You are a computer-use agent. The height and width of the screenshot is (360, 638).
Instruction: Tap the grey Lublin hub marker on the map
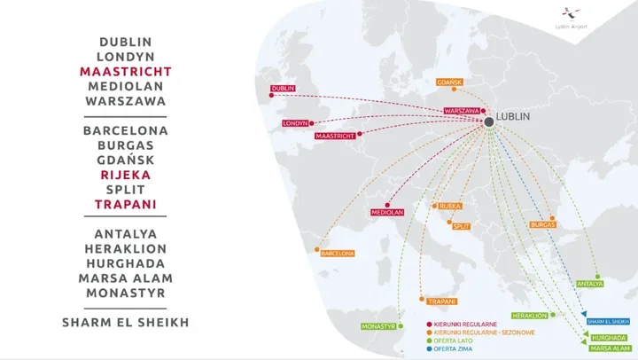[x=488, y=121]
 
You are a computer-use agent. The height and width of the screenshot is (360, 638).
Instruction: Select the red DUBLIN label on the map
[x=284, y=89]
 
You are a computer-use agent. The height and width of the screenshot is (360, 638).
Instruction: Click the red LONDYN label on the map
[x=295, y=123]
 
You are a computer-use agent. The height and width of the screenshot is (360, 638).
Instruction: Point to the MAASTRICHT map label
[x=335, y=137]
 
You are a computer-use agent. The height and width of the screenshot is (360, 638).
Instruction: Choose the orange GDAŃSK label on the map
[x=449, y=83]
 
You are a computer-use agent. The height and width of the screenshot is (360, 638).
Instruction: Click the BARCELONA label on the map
[x=338, y=254]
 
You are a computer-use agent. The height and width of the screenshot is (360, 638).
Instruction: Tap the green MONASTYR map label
[x=377, y=326]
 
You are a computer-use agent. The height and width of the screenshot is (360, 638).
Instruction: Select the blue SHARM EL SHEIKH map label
[x=608, y=321]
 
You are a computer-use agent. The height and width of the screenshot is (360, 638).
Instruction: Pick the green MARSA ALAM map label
[x=609, y=348]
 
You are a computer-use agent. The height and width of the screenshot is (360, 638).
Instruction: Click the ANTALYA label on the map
[x=590, y=284]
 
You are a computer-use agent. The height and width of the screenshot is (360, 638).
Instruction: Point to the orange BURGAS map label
[x=543, y=225]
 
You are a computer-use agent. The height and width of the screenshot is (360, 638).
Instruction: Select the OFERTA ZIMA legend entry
[x=451, y=349]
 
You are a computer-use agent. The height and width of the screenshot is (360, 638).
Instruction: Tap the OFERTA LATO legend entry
[x=451, y=341]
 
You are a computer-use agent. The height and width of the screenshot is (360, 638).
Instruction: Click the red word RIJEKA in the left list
[x=126, y=175]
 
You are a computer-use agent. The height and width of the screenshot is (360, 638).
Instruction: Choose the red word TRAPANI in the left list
[x=126, y=205]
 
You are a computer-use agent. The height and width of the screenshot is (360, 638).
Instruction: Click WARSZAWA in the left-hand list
[x=126, y=101]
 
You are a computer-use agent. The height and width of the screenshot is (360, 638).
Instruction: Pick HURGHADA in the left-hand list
[x=126, y=263]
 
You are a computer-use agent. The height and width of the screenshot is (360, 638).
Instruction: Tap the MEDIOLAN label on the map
[x=388, y=213]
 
